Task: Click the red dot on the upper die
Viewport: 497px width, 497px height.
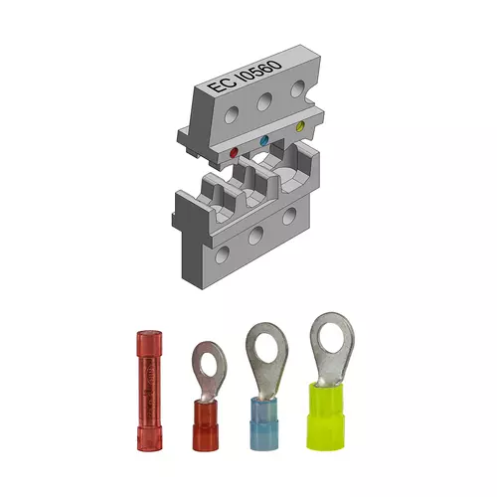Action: (235, 152)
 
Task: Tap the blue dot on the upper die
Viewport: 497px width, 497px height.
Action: (264, 140)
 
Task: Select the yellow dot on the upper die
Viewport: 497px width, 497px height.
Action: (300, 126)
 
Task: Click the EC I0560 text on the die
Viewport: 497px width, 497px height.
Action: (245, 76)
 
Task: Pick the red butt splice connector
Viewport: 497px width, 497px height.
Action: (149, 391)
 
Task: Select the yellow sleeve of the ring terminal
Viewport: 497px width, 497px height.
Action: (325, 415)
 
